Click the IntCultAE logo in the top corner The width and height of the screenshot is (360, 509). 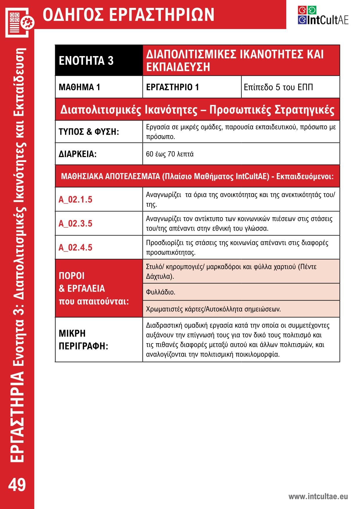323,16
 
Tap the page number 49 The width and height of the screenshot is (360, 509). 17,485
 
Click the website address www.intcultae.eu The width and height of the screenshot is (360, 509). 318,497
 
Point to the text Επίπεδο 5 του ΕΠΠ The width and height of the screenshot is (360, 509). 278,87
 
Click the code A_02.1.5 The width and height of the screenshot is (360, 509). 75,199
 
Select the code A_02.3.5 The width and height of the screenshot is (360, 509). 75,223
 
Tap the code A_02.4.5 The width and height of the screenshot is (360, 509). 75,247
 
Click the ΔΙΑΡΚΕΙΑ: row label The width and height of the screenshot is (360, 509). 78,154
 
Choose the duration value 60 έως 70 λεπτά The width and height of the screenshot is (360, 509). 170,154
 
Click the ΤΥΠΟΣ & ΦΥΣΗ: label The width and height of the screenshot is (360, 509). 89,132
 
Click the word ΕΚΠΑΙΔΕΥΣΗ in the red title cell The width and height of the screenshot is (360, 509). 178,67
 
